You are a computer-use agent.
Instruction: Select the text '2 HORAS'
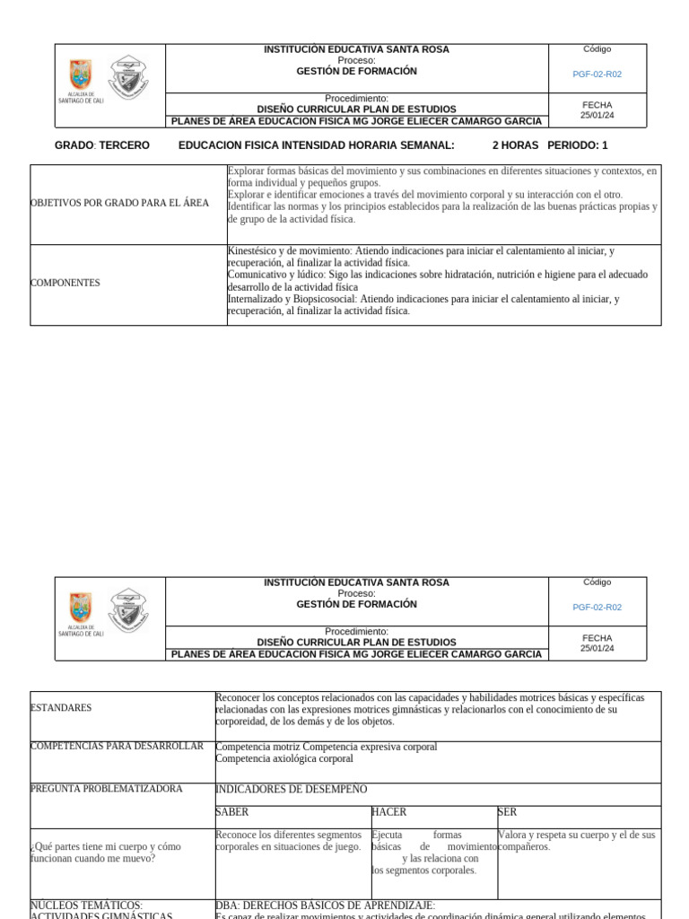pos(515,145)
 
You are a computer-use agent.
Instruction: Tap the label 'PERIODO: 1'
pos(577,145)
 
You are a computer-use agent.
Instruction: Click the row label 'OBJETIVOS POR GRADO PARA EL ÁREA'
pos(119,203)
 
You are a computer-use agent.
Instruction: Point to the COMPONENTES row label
pos(65,283)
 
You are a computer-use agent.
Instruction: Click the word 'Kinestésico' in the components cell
pos(255,251)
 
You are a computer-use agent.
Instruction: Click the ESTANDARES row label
pos(61,708)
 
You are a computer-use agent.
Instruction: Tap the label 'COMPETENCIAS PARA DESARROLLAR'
pos(117,747)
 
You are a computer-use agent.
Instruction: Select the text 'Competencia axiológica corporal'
pos(284,758)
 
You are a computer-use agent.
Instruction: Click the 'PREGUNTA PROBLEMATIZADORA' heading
pos(106,789)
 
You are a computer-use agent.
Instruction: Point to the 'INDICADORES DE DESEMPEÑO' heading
pos(292,790)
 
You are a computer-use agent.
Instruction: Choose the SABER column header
pos(232,812)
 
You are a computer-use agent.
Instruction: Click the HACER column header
pos(388,812)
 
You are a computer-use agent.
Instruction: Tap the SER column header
pos(507,812)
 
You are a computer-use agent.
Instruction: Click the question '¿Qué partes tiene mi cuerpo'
pos(105,846)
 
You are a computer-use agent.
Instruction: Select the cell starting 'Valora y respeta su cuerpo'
pos(576,840)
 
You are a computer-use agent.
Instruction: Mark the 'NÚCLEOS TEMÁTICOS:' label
pos(86,906)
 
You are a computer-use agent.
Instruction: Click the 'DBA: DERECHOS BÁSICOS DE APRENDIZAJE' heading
pos(325,906)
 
